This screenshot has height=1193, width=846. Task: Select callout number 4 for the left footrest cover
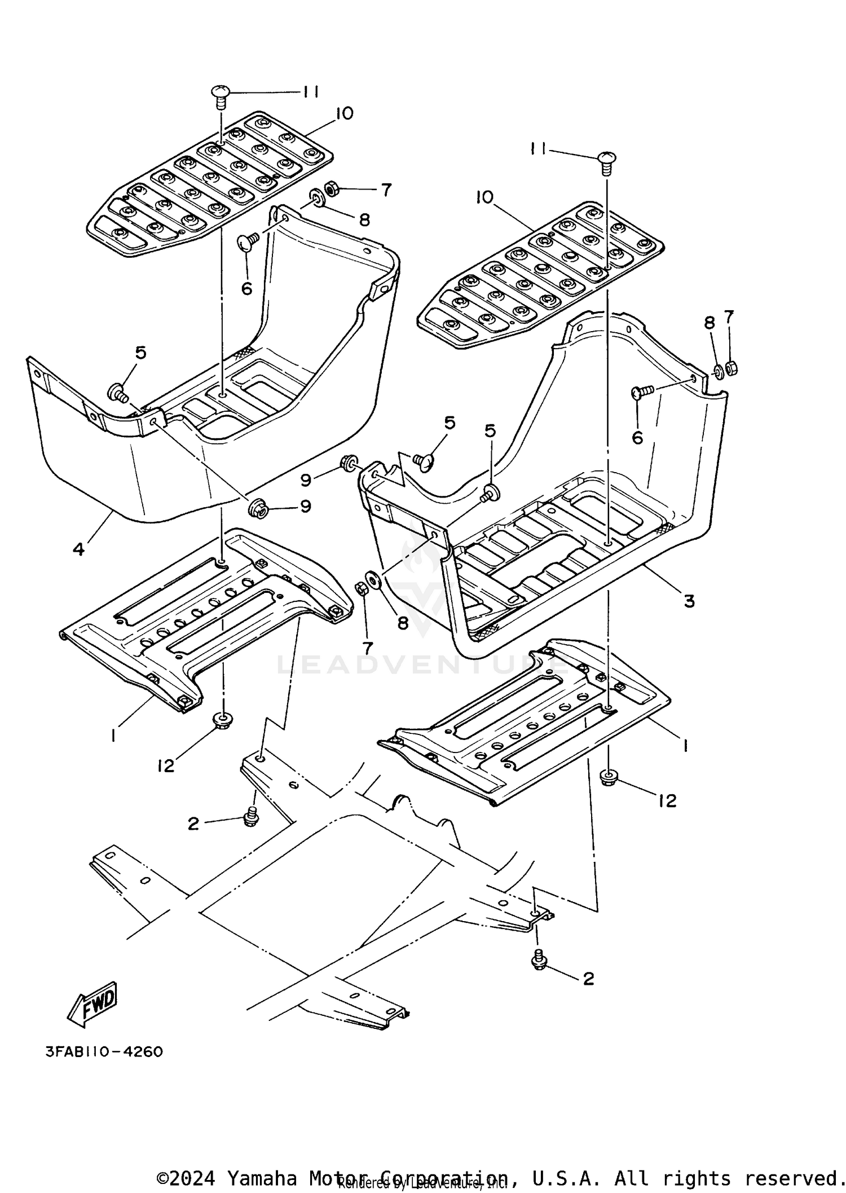[79, 548]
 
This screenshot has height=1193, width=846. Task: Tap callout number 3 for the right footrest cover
[689, 601]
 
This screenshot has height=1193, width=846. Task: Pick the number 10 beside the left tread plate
[343, 113]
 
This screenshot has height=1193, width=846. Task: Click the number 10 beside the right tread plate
[484, 197]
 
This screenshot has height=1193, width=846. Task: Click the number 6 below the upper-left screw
[246, 289]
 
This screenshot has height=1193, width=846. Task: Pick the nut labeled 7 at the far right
[732, 368]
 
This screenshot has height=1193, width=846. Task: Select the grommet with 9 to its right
[258, 507]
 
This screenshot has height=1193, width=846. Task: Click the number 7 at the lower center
[367, 648]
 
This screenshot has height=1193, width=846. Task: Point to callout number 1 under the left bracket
[113, 735]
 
